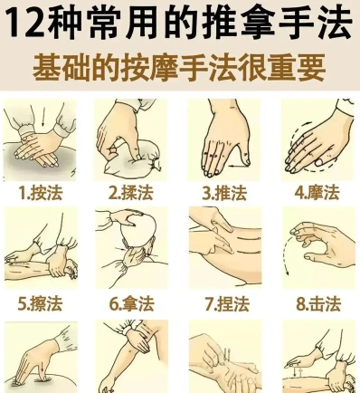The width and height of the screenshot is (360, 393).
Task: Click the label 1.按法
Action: (41, 193)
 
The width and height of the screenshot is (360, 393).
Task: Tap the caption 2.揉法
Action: (131, 193)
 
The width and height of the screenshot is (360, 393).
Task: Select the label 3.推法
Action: (224, 193)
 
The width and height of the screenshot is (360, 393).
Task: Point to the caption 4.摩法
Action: (317, 193)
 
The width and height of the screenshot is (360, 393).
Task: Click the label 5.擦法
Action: (40, 303)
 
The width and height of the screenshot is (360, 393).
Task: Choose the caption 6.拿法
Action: (131, 303)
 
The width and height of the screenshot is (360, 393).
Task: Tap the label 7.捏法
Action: (227, 303)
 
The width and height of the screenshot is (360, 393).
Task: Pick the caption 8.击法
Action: (318, 303)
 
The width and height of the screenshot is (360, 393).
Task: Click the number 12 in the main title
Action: (26, 23)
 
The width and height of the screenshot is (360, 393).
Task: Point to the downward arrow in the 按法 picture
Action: (43, 118)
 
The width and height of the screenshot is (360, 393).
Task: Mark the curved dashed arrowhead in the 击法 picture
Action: (288, 273)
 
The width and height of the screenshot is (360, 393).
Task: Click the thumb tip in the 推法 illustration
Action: (247, 161)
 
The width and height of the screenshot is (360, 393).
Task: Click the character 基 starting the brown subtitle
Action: (46, 68)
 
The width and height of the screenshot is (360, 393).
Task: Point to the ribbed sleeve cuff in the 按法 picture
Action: (26, 133)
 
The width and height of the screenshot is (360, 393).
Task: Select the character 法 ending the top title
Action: (334, 23)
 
